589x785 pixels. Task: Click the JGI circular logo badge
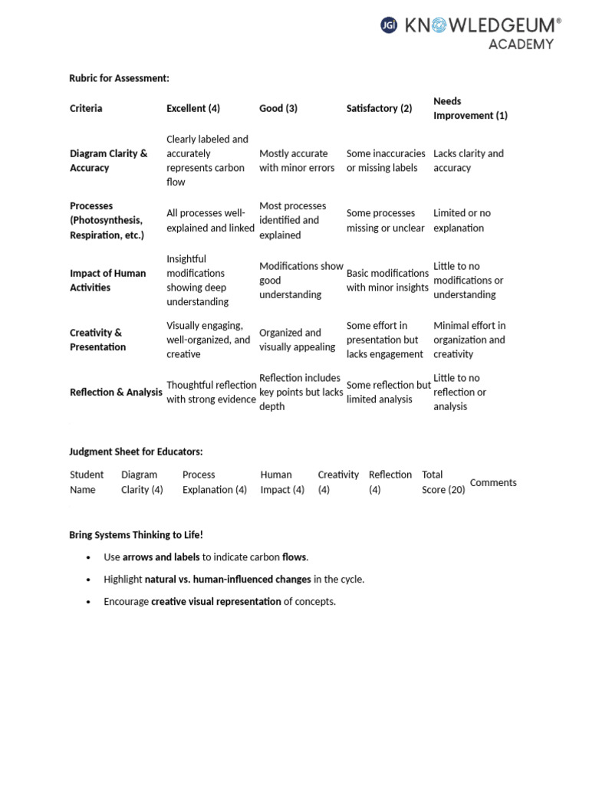[389, 26]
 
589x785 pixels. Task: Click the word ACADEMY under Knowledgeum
[521, 44]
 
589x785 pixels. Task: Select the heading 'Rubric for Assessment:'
[119, 78]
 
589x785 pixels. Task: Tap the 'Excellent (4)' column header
[193, 108]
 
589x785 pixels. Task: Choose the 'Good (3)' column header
[278, 108]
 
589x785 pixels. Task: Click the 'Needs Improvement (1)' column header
[470, 108]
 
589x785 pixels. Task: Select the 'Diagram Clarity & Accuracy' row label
[108, 160]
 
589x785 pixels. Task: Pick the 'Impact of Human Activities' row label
[107, 281]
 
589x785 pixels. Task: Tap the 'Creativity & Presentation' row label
[97, 340]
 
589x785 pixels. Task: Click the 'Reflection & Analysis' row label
[116, 392]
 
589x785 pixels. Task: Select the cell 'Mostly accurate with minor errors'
[294, 160]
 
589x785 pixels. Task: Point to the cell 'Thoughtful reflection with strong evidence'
[211, 392]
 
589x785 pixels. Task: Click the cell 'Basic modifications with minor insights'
[387, 281]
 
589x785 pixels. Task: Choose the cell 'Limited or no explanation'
[462, 221]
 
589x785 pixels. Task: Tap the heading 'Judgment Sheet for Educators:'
[136, 452]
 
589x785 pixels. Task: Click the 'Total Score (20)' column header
[443, 482]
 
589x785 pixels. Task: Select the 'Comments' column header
[493, 483]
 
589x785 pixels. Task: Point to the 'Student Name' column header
[86, 482]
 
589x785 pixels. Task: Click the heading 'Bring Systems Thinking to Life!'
[136, 535]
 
